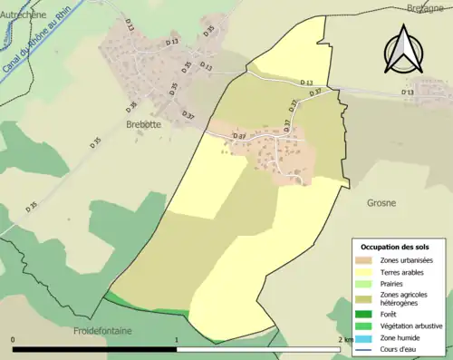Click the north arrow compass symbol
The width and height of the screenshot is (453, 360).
pos(404,48)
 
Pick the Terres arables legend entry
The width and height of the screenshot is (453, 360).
pos(401,272)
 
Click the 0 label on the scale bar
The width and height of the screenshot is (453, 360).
pos(14,339)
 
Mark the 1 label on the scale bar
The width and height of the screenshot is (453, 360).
pos(176,339)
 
